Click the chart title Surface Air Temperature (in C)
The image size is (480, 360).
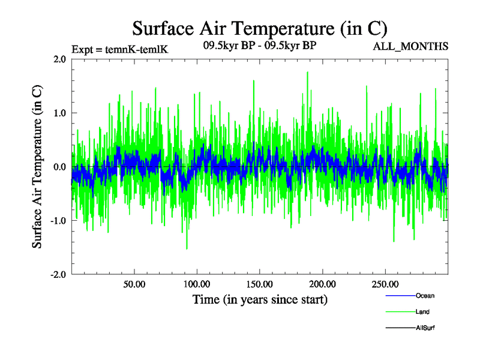point(259,28)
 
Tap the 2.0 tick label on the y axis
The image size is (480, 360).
point(58,59)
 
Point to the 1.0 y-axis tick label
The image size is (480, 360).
point(58,113)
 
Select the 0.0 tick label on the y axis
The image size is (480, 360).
point(58,167)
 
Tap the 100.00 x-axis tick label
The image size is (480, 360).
point(197,284)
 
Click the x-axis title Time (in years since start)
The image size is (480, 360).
point(260,299)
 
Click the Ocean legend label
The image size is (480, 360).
point(425,296)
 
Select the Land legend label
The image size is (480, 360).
point(422,312)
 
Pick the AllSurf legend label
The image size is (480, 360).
point(425,328)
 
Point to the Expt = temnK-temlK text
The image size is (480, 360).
point(119,49)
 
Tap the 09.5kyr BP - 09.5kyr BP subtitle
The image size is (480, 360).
point(260,45)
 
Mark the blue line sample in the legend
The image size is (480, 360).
point(399,296)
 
